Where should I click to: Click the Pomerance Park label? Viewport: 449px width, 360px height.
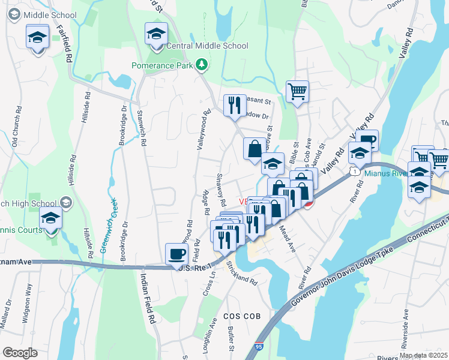click(164, 64)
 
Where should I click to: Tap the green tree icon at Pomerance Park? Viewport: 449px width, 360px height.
click(202, 64)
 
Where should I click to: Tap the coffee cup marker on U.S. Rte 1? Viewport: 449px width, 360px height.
click(176, 254)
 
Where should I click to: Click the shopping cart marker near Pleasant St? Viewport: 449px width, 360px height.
click(297, 92)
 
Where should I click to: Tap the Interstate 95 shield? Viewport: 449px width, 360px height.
click(259, 346)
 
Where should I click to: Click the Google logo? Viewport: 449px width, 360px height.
click(20, 353)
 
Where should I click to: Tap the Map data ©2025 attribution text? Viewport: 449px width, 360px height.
click(423, 355)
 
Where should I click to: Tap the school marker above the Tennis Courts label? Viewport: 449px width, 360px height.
click(51, 218)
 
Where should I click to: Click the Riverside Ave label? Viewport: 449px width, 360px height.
click(406, 328)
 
